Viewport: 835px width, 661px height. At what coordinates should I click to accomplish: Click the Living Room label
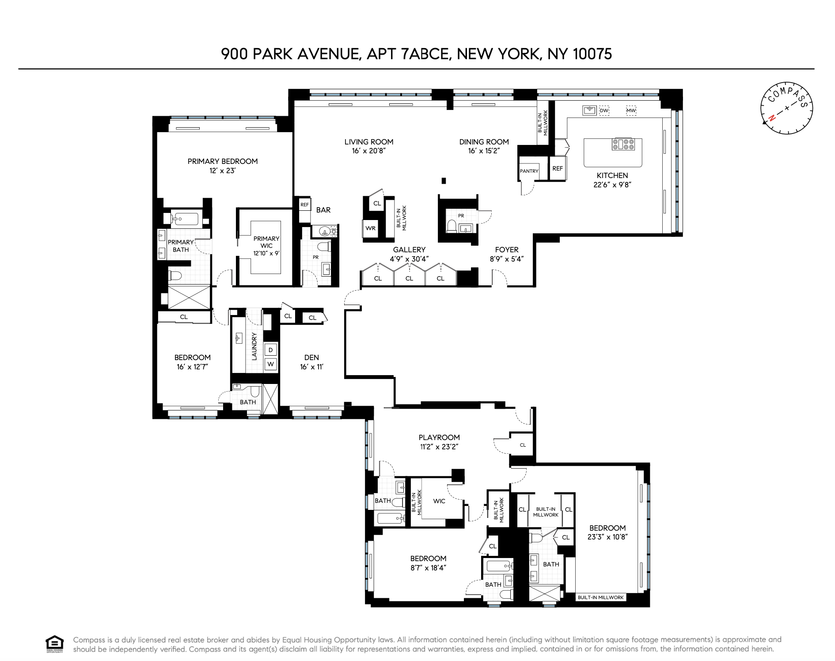pyautogui.click(x=368, y=142)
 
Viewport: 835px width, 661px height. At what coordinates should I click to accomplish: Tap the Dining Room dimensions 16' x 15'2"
pyautogui.click(x=484, y=151)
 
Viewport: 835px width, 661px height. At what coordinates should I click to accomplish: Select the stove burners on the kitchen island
pyautogui.click(x=623, y=144)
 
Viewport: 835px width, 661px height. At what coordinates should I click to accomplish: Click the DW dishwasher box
pyautogui.click(x=604, y=110)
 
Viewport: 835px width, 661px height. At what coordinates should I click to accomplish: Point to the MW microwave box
pyautogui.click(x=631, y=110)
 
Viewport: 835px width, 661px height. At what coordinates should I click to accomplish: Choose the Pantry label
pyautogui.click(x=529, y=171)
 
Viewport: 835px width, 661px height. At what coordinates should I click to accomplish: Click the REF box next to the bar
pyautogui.click(x=304, y=205)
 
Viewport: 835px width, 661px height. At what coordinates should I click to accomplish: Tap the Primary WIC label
pyautogui.click(x=266, y=242)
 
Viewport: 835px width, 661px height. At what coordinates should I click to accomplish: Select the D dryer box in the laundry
pyautogui.click(x=271, y=350)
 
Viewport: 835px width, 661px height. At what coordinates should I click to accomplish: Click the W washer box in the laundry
pyautogui.click(x=271, y=365)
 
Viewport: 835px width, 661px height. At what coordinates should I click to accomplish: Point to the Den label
pyautogui.click(x=311, y=357)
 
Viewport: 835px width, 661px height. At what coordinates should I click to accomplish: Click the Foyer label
pyautogui.click(x=507, y=250)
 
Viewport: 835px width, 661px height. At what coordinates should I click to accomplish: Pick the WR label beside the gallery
pyautogui.click(x=370, y=228)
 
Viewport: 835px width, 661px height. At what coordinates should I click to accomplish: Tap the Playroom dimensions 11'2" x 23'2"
pyautogui.click(x=439, y=447)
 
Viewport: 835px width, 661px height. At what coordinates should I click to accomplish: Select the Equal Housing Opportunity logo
pyautogui.click(x=55, y=644)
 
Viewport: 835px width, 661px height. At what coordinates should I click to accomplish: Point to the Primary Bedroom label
pyautogui.click(x=222, y=161)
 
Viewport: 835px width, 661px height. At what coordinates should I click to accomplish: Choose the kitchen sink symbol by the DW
pyautogui.click(x=589, y=110)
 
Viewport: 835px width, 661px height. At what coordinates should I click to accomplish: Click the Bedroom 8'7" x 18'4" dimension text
pyautogui.click(x=428, y=568)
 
